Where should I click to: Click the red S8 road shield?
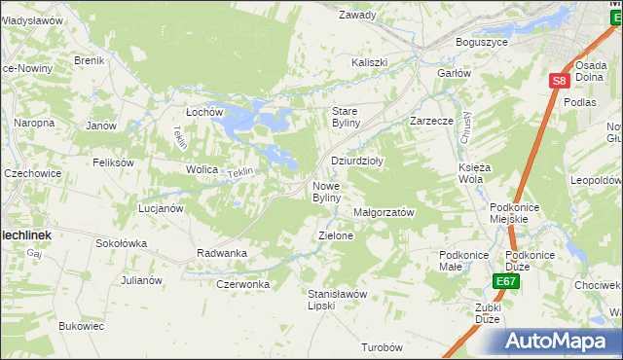coord(557,82)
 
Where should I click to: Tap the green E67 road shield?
coord(504,282)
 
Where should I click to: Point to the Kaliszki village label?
coord(370,62)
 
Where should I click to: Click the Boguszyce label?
coord(483,43)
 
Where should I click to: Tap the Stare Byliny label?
coord(347,117)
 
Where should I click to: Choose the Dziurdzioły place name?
coord(357,162)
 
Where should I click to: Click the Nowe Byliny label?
coord(326,192)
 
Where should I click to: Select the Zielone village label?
coord(336,235)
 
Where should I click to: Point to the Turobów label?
coord(382,347)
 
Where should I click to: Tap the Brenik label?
coord(89,60)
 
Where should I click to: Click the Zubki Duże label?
coord(488,313)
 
